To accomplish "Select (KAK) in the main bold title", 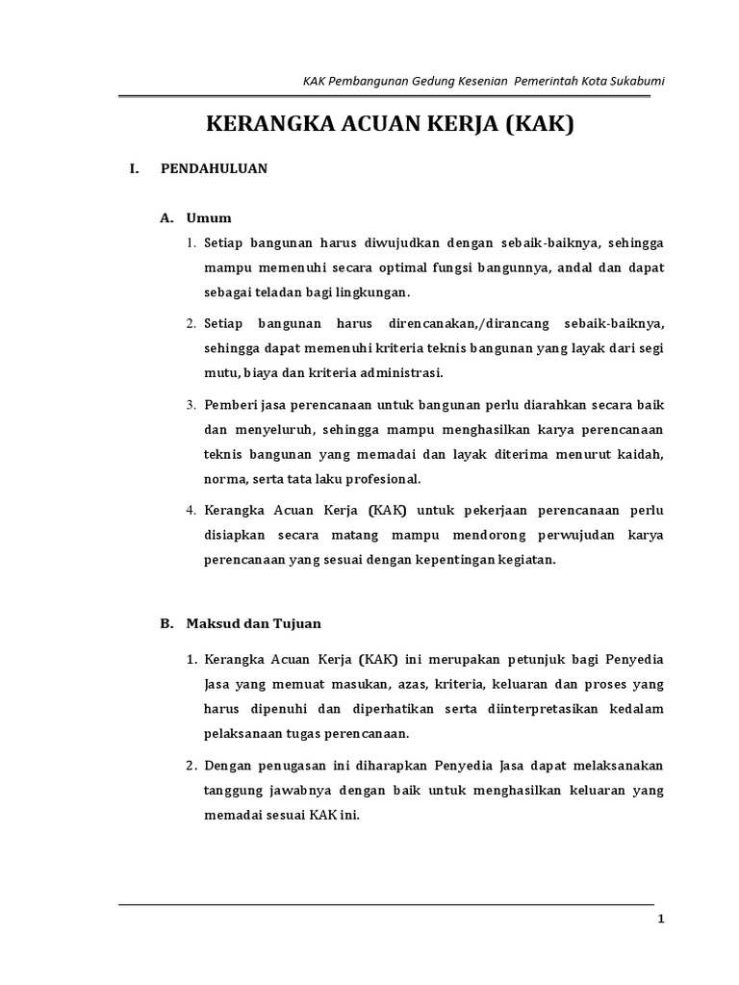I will tap(539, 124).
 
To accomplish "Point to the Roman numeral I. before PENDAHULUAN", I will tap(134, 168).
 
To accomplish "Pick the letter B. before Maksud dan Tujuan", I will tap(166, 623).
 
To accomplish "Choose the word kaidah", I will tap(641, 454).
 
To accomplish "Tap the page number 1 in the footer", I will tap(661, 920).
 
